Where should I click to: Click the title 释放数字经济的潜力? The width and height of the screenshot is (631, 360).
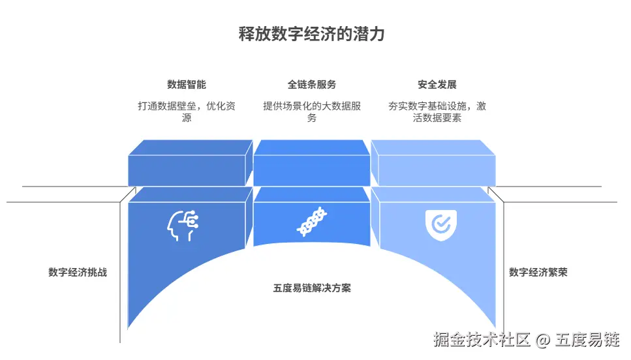pos(311,35)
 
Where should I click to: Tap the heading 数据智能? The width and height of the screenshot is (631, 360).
pos(187,85)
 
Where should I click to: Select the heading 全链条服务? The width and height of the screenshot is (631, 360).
pos(312,85)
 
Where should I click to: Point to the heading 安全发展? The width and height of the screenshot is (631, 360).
pos(437,85)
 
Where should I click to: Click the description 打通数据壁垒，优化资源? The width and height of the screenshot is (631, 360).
pos(187,112)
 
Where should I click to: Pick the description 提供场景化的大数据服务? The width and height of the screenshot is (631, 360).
pos(312,112)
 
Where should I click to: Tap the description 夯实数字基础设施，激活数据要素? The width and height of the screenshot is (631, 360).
pos(437,112)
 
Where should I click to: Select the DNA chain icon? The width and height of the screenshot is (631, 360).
pos(312,223)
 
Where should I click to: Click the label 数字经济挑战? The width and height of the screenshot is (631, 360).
pos(77,273)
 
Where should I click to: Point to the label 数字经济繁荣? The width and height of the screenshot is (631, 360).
pos(538,273)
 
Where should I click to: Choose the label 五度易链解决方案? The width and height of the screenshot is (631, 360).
pos(312,288)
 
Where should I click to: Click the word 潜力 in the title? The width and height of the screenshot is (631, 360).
pos(369,35)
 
